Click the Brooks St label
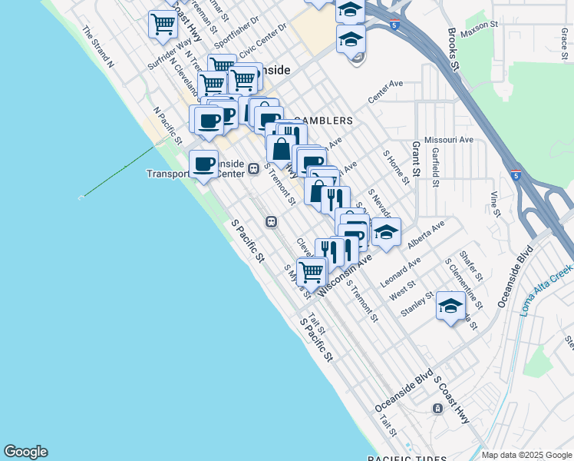click(454, 51)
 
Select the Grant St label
click(417, 158)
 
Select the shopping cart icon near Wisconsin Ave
click(311, 270)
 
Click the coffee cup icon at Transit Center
click(203, 164)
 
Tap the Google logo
click(25, 452)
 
